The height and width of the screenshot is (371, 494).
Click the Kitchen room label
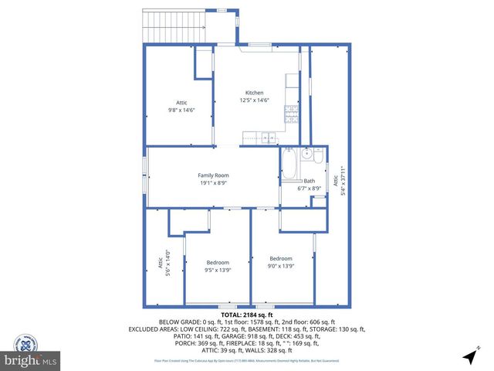[255, 93]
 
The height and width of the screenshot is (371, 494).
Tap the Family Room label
[214, 175]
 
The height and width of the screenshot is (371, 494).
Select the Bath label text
[309, 181]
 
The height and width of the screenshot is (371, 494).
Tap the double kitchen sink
[267, 138]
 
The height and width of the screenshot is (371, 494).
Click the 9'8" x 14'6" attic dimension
[181, 111]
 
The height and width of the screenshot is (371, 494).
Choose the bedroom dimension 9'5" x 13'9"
[218, 270]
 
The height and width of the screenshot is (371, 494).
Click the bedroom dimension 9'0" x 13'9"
[280, 266]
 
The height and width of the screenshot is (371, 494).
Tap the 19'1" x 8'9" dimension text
[214, 183]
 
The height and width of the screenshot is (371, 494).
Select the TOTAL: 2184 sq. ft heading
[247, 315]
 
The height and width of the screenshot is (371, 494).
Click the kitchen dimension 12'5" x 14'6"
[255, 100]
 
